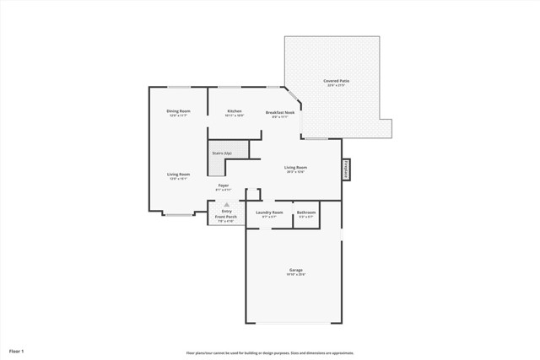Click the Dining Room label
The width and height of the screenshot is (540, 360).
[x=178, y=111]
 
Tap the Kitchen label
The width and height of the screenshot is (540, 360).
[x=235, y=111]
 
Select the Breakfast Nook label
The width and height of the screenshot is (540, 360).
[x=280, y=112]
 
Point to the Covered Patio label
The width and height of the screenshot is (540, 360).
[x=337, y=81]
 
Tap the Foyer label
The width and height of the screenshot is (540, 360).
[x=224, y=185]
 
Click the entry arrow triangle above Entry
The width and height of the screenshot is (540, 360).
[x=226, y=204]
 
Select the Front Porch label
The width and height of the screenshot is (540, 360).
[x=226, y=217]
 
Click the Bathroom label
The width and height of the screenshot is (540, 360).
[x=306, y=212]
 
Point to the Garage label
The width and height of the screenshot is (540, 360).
[x=294, y=270]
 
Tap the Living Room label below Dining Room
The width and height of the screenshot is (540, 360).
[x=178, y=174]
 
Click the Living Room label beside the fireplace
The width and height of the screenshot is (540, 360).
[x=294, y=167]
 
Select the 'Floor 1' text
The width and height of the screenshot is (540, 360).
[x=17, y=350]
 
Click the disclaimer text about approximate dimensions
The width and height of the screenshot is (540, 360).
[x=270, y=353]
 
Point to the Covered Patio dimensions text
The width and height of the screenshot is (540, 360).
[x=337, y=86]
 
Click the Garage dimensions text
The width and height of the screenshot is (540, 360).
[x=294, y=275]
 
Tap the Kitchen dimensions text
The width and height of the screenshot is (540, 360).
[x=235, y=116]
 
